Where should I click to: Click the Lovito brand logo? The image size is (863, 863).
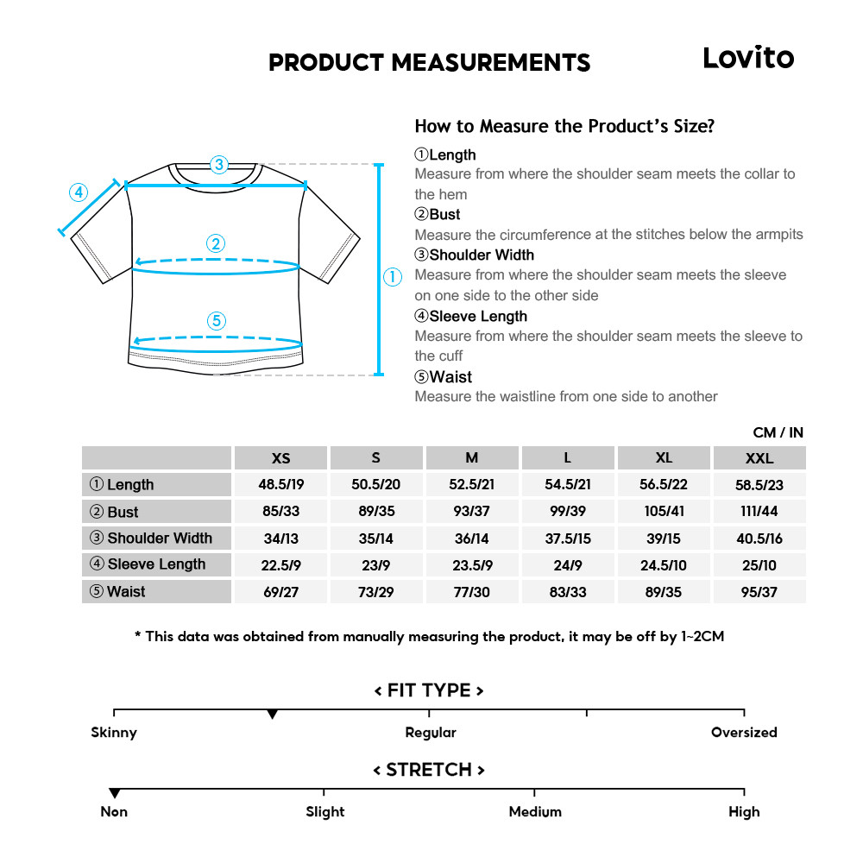pyautogui.click(x=747, y=58)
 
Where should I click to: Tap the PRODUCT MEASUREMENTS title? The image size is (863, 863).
pyautogui.click(x=429, y=63)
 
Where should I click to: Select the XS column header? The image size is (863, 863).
pyautogui.click(x=280, y=458)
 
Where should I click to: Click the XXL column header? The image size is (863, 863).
pyautogui.click(x=759, y=458)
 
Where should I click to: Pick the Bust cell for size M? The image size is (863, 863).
pyautogui.click(x=472, y=512)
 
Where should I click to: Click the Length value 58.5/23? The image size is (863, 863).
pyautogui.click(x=759, y=485)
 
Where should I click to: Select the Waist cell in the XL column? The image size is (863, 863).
pyautogui.click(x=664, y=592)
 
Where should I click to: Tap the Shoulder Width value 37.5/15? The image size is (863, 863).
pyautogui.click(x=568, y=539)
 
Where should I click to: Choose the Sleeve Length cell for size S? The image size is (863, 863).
pyautogui.click(x=375, y=565)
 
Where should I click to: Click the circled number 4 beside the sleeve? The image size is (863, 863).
pyautogui.click(x=79, y=192)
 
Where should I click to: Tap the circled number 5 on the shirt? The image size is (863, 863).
pyautogui.click(x=217, y=321)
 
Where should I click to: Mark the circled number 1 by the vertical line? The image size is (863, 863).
pyautogui.click(x=393, y=277)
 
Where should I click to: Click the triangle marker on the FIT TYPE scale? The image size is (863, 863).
pyautogui.click(x=273, y=715)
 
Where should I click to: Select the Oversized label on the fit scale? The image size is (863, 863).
pyautogui.click(x=744, y=733)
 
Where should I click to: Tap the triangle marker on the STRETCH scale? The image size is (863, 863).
pyautogui.click(x=114, y=793)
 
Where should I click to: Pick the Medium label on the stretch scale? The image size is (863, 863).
pyautogui.click(x=535, y=812)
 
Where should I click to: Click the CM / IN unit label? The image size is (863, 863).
pyautogui.click(x=778, y=432)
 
